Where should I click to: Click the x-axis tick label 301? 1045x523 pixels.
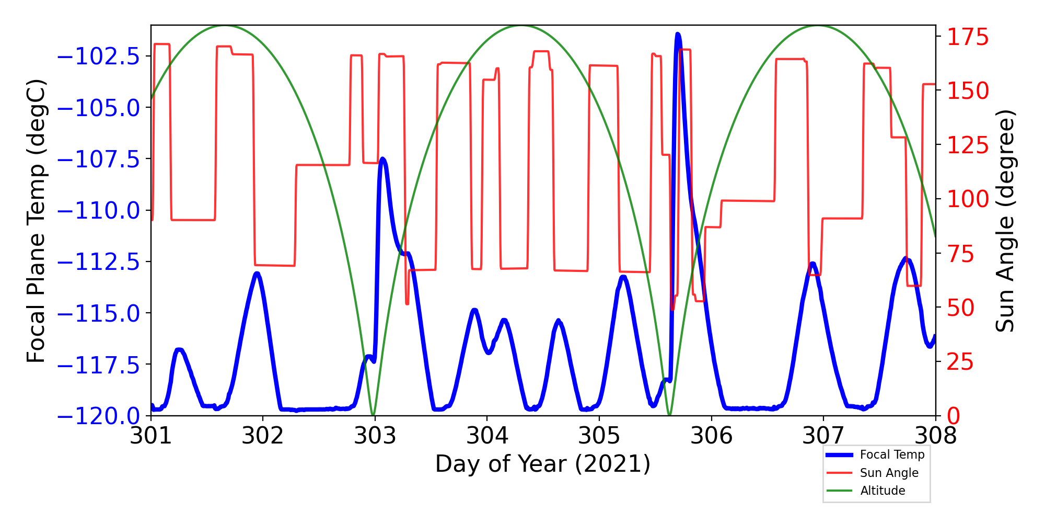(x=151, y=436)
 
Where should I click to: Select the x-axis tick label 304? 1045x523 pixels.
(x=487, y=436)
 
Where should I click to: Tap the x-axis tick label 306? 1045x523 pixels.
(x=711, y=436)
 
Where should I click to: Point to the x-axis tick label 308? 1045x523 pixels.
(x=935, y=436)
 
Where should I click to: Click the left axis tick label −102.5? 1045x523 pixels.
(x=99, y=56)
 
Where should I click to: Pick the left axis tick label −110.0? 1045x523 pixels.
(x=99, y=211)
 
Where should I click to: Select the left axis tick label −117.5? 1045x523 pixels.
(x=99, y=365)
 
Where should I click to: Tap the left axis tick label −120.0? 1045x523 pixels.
(x=99, y=416)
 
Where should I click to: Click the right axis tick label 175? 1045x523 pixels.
(x=968, y=38)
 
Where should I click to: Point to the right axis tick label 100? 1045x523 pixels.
(x=968, y=199)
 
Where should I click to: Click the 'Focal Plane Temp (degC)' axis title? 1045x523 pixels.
(x=37, y=221)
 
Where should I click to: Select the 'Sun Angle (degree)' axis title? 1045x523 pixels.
(x=1004, y=221)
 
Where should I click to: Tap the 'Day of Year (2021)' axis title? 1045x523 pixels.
(x=543, y=464)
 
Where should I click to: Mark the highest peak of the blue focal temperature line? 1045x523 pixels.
(x=678, y=35)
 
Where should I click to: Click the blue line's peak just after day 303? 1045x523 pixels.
(x=382, y=158)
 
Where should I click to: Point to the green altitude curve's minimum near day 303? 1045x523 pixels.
(x=373, y=415)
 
